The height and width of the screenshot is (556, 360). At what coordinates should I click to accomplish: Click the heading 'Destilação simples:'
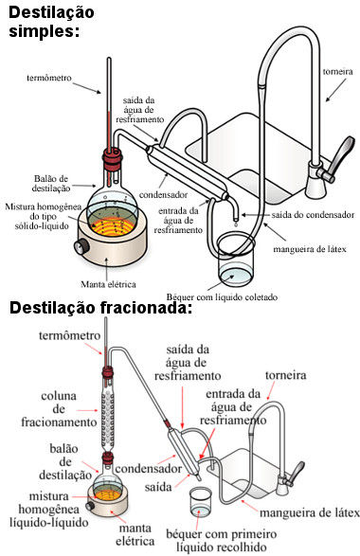[x=51, y=21]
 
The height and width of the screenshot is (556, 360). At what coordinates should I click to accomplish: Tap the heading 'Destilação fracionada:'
[x=100, y=308]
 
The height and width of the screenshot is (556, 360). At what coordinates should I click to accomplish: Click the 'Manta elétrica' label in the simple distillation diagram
[x=108, y=284]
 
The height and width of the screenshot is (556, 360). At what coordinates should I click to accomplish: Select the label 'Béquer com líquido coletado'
[x=222, y=297]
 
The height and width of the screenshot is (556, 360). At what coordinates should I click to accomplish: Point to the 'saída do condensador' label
[x=313, y=215]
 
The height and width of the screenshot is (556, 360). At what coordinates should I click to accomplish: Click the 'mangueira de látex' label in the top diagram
[x=310, y=249]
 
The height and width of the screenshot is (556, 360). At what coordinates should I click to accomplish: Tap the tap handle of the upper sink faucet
[x=338, y=158]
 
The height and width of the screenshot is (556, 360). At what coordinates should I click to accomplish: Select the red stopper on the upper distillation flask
[x=113, y=158]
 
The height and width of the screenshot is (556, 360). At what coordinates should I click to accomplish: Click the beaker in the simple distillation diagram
[x=236, y=260]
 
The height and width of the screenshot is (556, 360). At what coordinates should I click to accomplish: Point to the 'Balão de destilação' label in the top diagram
[x=51, y=184]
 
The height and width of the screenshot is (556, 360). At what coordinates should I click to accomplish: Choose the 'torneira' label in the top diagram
[x=337, y=72]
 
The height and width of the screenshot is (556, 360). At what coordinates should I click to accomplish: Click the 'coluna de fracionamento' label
[x=59, y=409]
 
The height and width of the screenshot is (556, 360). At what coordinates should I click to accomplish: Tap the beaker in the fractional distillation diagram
[x=201, y=501]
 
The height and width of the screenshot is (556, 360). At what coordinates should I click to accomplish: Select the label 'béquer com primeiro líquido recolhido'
[x=222, y=540]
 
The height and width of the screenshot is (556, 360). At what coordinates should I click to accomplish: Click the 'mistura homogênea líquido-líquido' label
[x=49, y=510]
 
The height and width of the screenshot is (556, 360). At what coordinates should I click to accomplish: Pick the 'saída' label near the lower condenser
[x=158, y=487]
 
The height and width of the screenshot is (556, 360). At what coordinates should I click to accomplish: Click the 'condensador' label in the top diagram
[x=163, y=195]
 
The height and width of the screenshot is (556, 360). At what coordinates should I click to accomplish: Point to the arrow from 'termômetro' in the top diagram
[x=87, y=88]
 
